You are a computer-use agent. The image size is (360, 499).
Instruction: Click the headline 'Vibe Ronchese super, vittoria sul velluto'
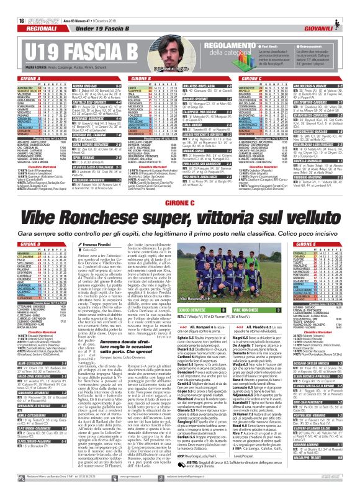[180, 201]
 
